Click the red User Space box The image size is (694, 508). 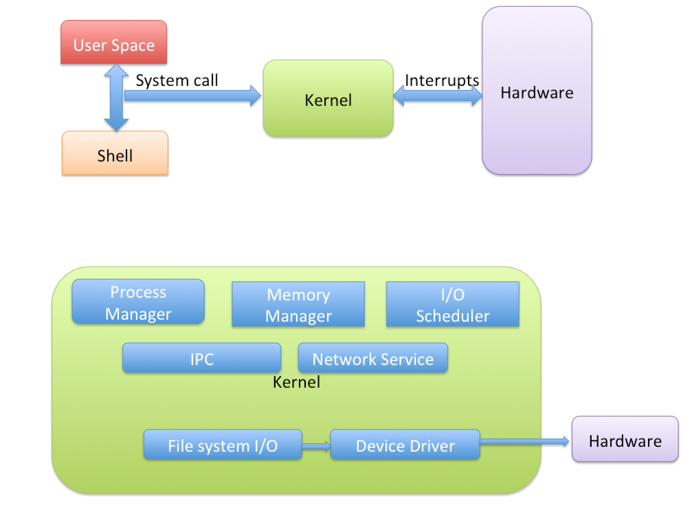pos(114,43)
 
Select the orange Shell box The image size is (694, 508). pos(115,154)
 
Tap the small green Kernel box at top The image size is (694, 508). pos(328,99)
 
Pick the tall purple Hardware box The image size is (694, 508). pos(537,91)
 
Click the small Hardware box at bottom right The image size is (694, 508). pos(625,439)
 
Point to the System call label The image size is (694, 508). pos(177,80)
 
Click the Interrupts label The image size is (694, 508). pos(442,80)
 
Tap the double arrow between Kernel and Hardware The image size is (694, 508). pos(437,95)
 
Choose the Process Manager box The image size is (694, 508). pos(138,302)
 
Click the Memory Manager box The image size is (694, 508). pos(298,305)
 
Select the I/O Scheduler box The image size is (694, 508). pos(452,305)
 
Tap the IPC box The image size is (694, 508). pos(202,358)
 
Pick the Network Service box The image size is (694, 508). pos(373,358)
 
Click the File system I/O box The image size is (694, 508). pos(223,445)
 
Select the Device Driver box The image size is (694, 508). pos(405,445)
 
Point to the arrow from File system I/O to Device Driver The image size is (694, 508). pos(316,446)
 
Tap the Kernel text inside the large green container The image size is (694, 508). pos(296,382)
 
